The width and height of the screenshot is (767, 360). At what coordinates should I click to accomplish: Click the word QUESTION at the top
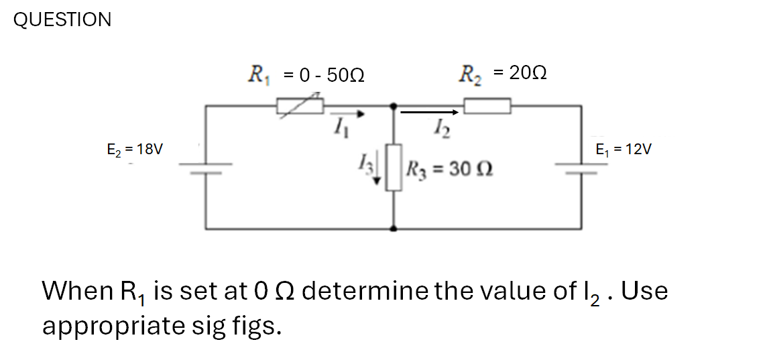pos(62,20)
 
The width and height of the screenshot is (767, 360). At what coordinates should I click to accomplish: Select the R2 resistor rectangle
pos(487,105)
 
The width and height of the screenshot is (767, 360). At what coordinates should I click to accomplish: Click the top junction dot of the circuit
pos(394,105)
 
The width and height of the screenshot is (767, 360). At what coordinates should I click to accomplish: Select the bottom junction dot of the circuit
pos(394,229)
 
